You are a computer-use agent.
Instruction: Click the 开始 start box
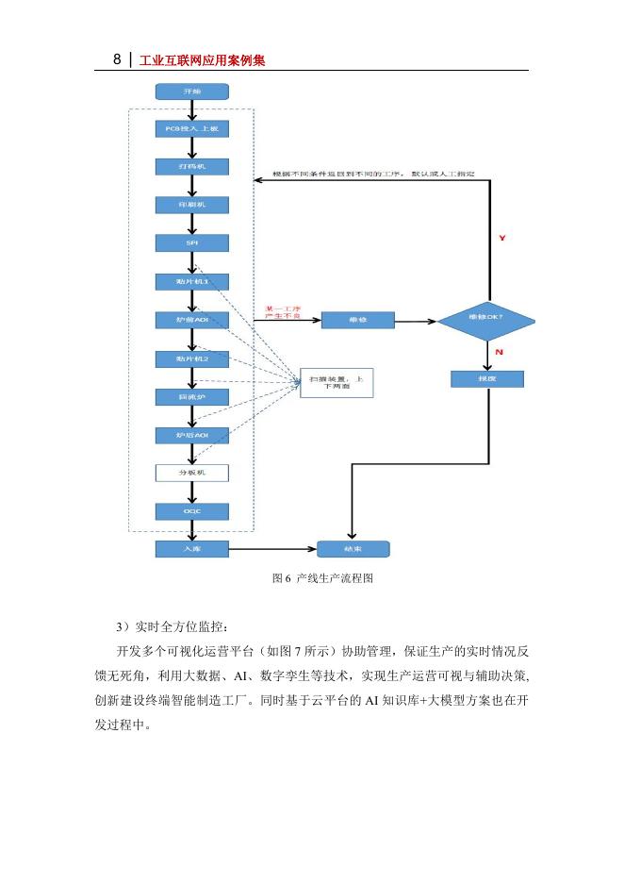(x=191, y=92)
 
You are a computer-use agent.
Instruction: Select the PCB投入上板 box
(x=191, y=127)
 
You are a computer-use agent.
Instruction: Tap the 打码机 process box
(x=191, y=166)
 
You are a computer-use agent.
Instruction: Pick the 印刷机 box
(x=191, y=204)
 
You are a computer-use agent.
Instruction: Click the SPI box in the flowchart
(x=191, y=242)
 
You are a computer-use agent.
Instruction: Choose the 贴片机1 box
(x=191, y=281)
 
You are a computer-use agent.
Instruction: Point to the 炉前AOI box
(x=191, y=321)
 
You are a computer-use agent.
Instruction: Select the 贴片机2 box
(x=191, y=358)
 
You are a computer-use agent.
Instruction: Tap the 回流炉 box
(x=191, y=397)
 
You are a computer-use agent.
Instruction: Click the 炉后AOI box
(x=191, y=435)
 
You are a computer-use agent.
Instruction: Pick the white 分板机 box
(x=191, y=472)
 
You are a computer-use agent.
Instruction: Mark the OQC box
(x=191, y=510)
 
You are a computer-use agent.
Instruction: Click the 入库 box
(x=191, y=548)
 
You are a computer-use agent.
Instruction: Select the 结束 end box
(x=353, y=548)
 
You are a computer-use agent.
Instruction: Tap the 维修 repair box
(x=357, y=321)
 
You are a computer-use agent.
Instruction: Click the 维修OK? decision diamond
(x=486, y=321)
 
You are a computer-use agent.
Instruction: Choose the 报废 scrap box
(x=486, y=378)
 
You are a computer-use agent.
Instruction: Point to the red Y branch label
(x=501, y=239)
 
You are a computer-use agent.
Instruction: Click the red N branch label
(x=498, y=352)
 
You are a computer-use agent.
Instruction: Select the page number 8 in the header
(x=117, y=59)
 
